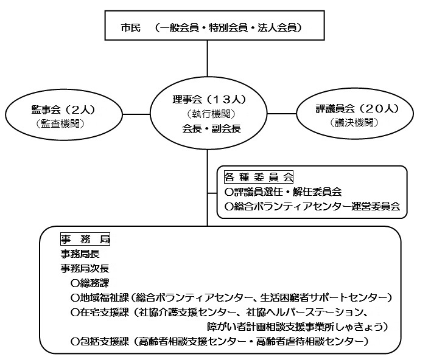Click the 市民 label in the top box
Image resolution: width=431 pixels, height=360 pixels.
pyautogui.click(x=130, y=28)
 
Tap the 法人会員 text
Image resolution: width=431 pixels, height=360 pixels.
pyautogui.click(x=277, y=28)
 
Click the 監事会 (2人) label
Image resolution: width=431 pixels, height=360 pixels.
pyautogui.click(x=63, y=110)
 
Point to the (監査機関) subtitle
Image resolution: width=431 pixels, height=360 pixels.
pyautogui.click(x=60, y=123)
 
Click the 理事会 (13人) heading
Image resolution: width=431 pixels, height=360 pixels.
pyautogui.click(x=209, y=99)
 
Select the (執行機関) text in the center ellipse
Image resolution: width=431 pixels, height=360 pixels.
pyautogui.click(x=211, y=114)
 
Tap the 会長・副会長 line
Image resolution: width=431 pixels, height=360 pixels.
pyautogui.click(x=211, y=128)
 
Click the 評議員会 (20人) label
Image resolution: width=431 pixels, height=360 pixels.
pyautogui.click(x=357, y=109)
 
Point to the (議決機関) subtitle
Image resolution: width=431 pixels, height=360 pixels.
pyautogui.click(x=354, y=122)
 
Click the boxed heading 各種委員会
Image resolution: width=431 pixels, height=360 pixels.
pyautogui.click(x=259, y=177)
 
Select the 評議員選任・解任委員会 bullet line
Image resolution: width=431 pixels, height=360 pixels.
pyautogui.click(x=283, y=192)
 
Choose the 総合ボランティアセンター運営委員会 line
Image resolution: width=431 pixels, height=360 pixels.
pyautogui.click(x=312, y=206)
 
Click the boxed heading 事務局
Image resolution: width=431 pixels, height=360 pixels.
pyautogui.click(x=85, y=239)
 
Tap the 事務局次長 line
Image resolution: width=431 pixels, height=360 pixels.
pyautogui.click(x=85, y=268)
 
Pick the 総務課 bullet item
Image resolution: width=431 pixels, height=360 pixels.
pyautogui.click(x=90, y=283)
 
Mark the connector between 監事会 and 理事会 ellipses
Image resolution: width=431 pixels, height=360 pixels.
pyautogui.click(x=136, y=114)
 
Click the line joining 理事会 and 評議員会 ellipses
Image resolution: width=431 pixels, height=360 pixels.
pyautogui.click(x=282, y=113)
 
